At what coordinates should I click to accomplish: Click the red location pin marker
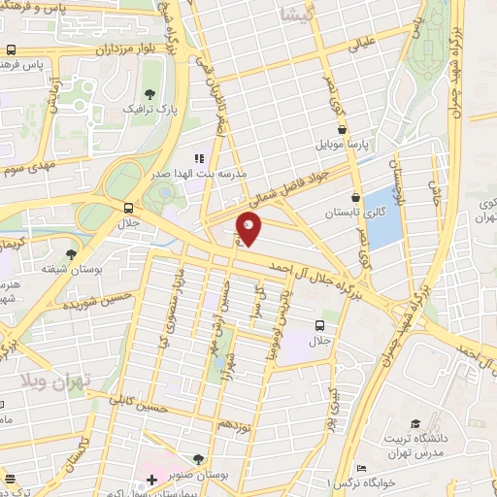(x=249, y=228)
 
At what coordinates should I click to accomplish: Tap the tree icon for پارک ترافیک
(x=149, y=94)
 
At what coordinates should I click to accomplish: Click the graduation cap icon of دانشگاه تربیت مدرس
(x=416, y=424)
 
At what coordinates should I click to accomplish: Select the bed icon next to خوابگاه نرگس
(x=360, y=468)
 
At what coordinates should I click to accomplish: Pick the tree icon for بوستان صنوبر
(x=199, y=459)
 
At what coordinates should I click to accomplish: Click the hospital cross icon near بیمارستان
(x=151, y=480)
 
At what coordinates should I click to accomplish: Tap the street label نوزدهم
(x=236, y=424)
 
